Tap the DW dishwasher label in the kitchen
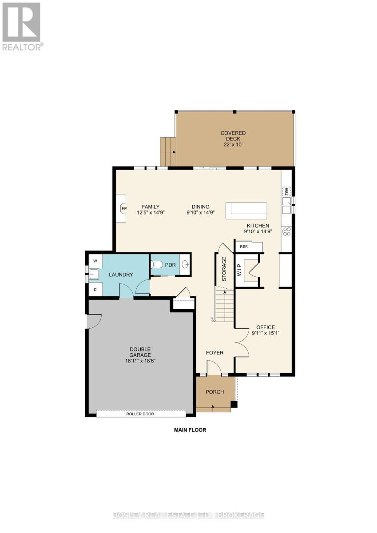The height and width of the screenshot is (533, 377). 287,191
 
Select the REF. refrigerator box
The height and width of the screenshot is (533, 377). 244,247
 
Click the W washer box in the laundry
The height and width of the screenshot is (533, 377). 95,260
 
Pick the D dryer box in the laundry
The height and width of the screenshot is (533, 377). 95,289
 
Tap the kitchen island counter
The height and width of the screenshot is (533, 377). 246,211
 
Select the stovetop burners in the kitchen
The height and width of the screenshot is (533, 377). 287,231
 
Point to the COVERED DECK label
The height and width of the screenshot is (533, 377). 234,139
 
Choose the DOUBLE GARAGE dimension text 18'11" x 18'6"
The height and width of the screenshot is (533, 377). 140,361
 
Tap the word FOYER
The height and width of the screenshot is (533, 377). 214,353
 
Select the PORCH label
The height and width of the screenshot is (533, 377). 214,392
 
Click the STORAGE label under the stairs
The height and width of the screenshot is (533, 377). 224,269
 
